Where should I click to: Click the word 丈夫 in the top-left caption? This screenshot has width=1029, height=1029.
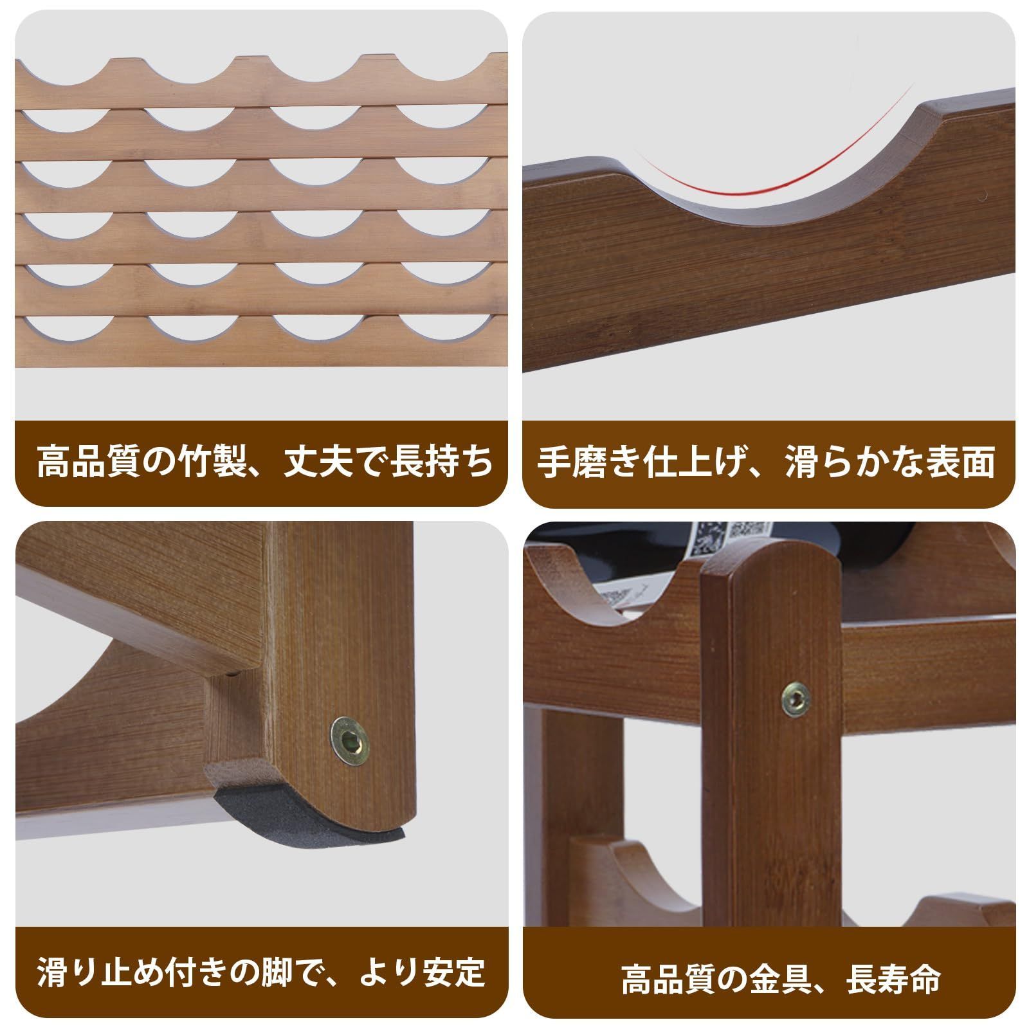311,461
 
